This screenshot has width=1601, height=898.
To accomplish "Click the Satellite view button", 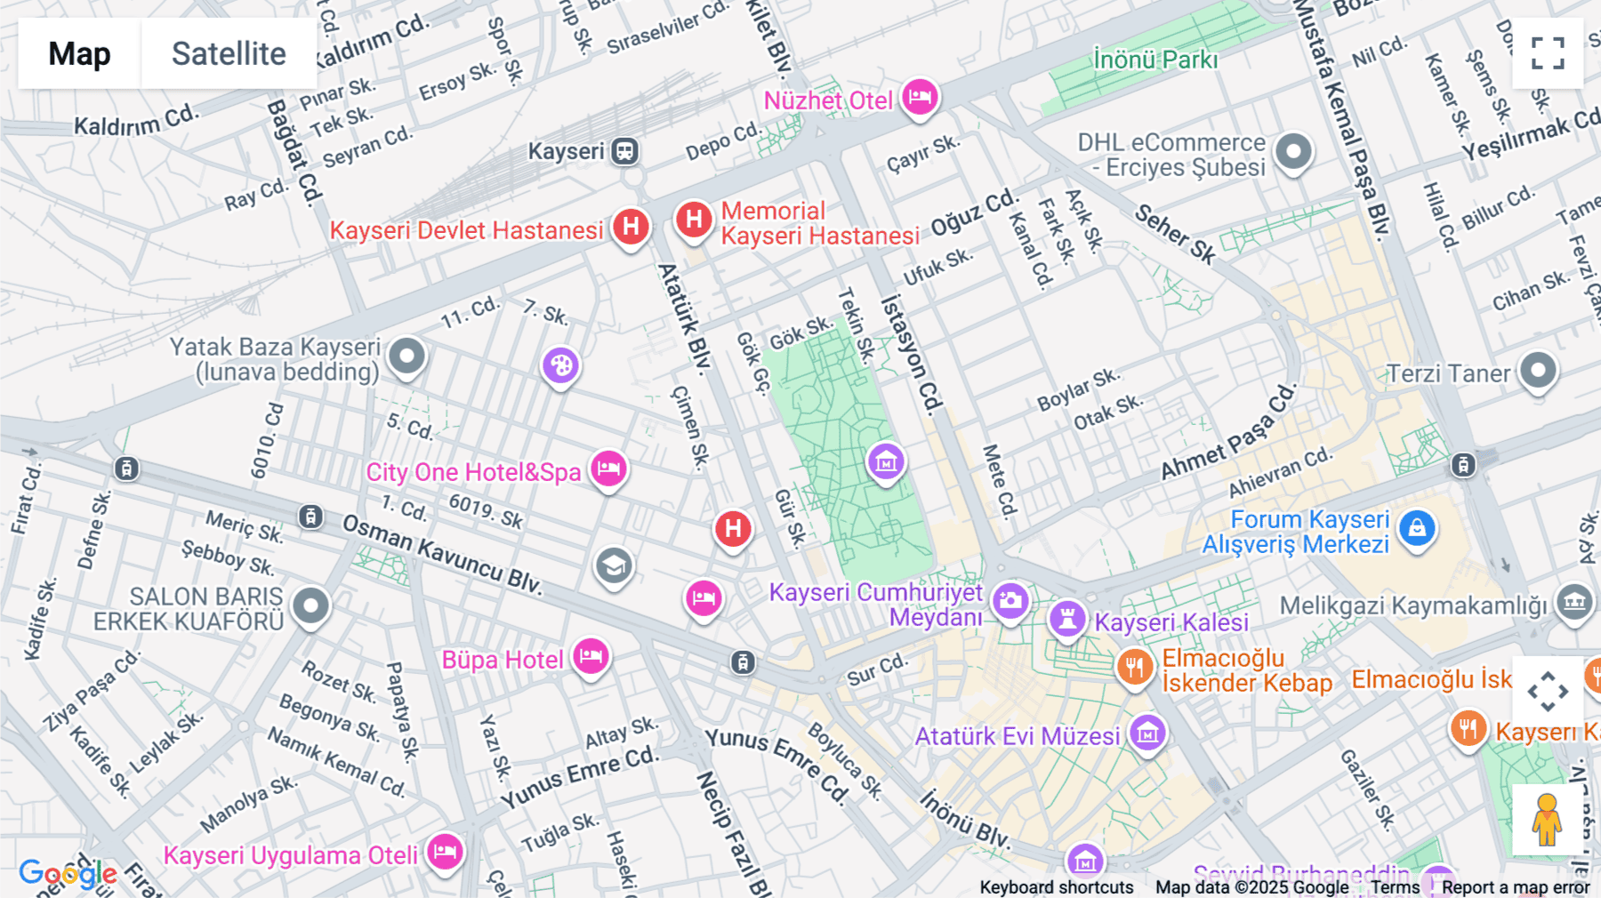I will [229, 53].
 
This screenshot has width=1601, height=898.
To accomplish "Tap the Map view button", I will [79, 53].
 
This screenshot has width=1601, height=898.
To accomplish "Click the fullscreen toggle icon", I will [1548, 53].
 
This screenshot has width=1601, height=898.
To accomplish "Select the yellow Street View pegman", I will [1547, 820].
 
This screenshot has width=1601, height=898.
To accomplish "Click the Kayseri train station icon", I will [624, 151].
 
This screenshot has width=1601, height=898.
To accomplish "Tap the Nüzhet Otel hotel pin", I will [920, 96].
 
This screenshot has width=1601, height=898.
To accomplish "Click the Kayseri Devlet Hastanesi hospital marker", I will [631, 226].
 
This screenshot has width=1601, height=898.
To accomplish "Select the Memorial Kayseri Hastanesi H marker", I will [694, 219].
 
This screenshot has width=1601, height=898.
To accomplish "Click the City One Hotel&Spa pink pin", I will [608, 468].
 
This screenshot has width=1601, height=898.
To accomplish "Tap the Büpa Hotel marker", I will [591, 657].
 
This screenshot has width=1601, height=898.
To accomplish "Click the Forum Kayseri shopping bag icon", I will [1417, 528].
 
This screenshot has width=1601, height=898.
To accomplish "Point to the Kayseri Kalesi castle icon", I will [1067, 617].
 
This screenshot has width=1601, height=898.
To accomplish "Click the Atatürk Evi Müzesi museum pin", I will [1147, 734].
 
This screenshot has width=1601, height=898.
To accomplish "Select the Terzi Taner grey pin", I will [1538, 369].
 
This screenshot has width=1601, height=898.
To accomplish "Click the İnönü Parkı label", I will [1155, 60].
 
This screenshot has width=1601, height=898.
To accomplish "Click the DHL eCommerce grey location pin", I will [1293, 151].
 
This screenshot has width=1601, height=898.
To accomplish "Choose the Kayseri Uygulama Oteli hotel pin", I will [445, 852].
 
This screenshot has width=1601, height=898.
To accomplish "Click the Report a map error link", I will [1515, 887].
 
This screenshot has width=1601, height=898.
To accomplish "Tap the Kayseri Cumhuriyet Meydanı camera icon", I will [1010, 601].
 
